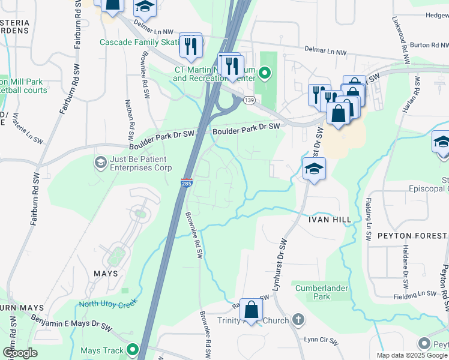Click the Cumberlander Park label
click(x=322, y=292)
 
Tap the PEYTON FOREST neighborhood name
click(x=408, y=235)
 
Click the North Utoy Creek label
click(x=109, y=303)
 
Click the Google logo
click(x=20, y=352)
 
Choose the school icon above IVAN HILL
click(x=314, y=169)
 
